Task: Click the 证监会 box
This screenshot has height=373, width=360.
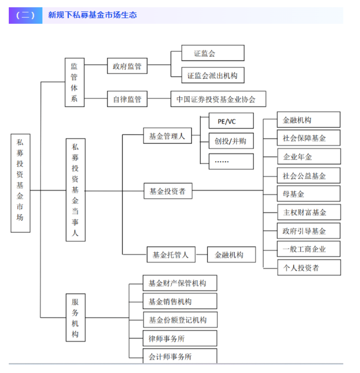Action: (x=213, y=53)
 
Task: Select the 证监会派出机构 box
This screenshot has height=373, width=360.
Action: (x=213, y=75)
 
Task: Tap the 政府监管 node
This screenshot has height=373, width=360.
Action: (x=127, y=67)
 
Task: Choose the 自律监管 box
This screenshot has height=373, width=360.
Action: (x=127, y=99)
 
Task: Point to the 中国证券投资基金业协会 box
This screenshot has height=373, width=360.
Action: (x=218, y=99)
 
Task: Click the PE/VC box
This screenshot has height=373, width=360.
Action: (x=231, y=121)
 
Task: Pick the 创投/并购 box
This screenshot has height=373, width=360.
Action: (x=231, y=141)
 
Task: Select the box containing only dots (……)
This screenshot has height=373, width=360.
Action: (x=231, y=161)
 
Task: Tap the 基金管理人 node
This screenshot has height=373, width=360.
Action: (x=167, y=136)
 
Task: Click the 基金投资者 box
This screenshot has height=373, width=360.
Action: (x=168, y=191)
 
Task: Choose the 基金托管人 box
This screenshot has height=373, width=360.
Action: (x=171, y=255)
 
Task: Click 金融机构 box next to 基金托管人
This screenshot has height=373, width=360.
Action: (x=231, y=255)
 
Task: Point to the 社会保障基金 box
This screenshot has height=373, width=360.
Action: (x=309, y=138)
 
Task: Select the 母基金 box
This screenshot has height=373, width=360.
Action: (x=309, y=194)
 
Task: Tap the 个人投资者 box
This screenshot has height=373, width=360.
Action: (x=309, y=268)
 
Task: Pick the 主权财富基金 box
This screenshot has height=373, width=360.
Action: (x=309, y=212)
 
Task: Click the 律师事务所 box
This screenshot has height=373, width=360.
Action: (x=180, y=338)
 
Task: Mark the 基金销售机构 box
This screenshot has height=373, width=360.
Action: (x=180, y=301)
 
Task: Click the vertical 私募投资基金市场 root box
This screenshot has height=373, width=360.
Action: (x=20, y=183)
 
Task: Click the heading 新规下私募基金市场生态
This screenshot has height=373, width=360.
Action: (x=92, y=15)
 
